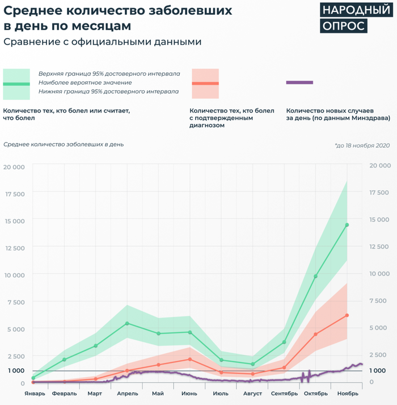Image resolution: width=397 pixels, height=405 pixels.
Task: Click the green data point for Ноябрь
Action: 347,225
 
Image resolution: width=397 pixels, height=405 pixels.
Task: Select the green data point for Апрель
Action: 127,323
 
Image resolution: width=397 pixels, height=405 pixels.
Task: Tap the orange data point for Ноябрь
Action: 347,315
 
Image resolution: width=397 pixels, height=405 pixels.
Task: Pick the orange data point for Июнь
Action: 190,359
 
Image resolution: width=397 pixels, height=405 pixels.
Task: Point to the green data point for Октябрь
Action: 316,277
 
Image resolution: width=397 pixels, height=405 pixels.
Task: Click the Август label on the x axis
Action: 253,393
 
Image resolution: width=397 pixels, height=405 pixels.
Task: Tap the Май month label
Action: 158,393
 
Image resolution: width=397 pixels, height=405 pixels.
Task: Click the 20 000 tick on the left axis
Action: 14,166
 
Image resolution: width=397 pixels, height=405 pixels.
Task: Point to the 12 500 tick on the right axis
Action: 379,247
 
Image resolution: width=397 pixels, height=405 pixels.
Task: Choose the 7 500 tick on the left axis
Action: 15,302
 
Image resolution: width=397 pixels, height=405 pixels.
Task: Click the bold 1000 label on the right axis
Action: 378,370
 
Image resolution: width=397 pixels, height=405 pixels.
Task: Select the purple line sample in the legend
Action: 300,83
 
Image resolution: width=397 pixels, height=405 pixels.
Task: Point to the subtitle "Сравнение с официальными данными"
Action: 102,42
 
